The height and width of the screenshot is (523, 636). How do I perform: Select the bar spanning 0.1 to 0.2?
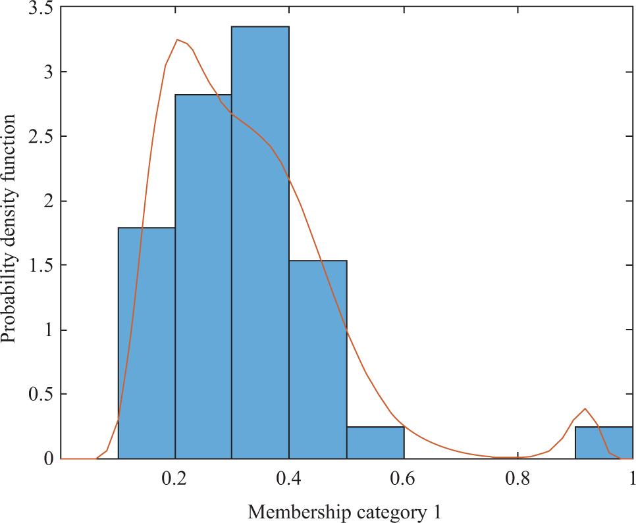pos(146,342)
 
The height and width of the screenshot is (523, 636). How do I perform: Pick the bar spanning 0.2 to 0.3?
pos(203,276)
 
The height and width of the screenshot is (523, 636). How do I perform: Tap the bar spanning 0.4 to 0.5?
pos(317,359)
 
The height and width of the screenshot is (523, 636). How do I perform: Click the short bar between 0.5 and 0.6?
pos(375,442)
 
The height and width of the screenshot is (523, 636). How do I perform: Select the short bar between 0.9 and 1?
pos(604,442)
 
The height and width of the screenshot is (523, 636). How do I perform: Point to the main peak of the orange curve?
pos(178,40)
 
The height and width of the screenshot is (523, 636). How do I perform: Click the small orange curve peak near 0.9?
pos(585,409)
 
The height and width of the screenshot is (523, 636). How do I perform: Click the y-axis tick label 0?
pos(47,459)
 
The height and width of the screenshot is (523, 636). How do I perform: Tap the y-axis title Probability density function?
pos(9,228)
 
